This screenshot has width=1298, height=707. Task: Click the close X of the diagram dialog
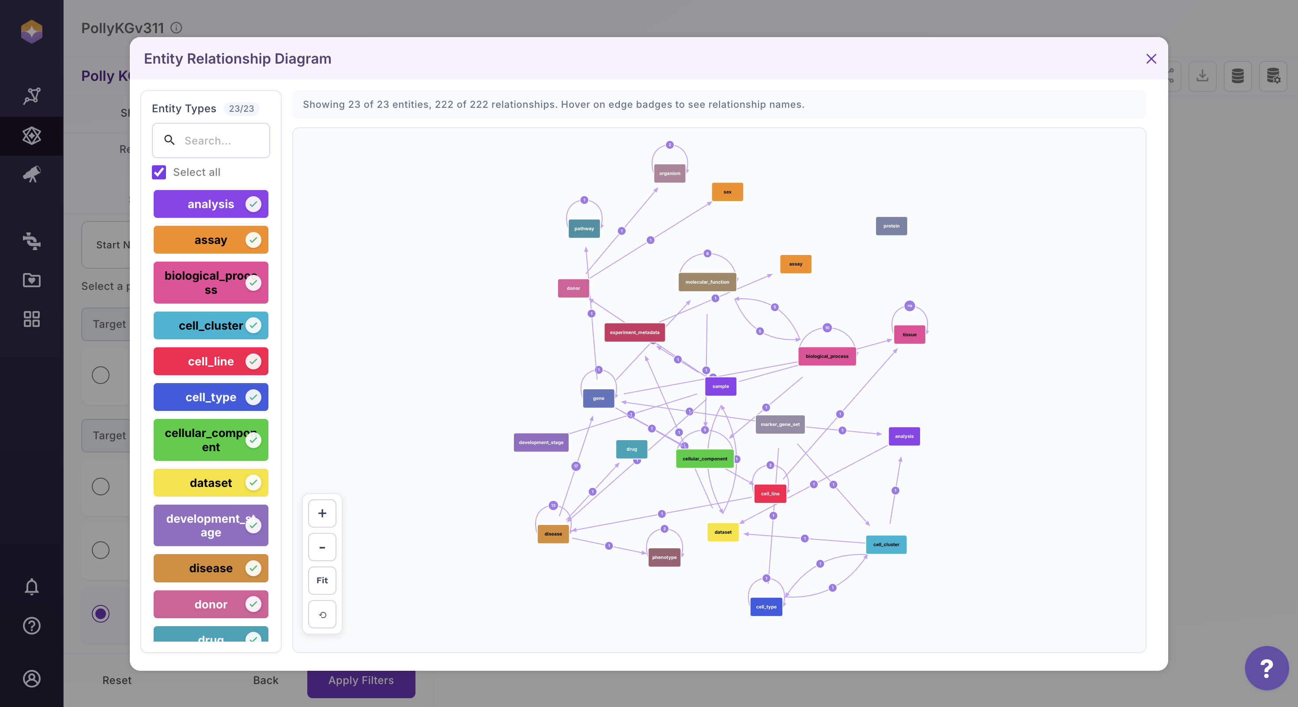coord(1151,59)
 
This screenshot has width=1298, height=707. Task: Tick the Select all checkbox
coord(159,172)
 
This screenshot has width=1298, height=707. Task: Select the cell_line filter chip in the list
coord(211,361)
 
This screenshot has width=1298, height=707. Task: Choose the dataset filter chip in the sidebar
coord(211,483)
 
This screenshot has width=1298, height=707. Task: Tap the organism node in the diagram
coord(669,174)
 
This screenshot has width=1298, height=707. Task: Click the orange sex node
coord(727,192)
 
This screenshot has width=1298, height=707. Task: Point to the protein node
coord(891,226)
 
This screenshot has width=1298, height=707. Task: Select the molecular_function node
coord(707,282)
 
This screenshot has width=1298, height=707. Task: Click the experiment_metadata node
coord(634,332)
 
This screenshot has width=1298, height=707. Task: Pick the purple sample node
coord(721,386)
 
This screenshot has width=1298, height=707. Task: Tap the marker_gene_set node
coord(780,425)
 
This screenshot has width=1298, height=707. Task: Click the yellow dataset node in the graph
coord(723,532)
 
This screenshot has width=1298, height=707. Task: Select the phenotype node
coord(664,558)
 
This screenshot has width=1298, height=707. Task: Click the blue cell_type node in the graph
coord(766,607)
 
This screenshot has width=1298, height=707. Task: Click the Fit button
coord(322,581)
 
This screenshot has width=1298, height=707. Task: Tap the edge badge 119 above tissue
coord(909,306)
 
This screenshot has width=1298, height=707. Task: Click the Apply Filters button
coord(361,681)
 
